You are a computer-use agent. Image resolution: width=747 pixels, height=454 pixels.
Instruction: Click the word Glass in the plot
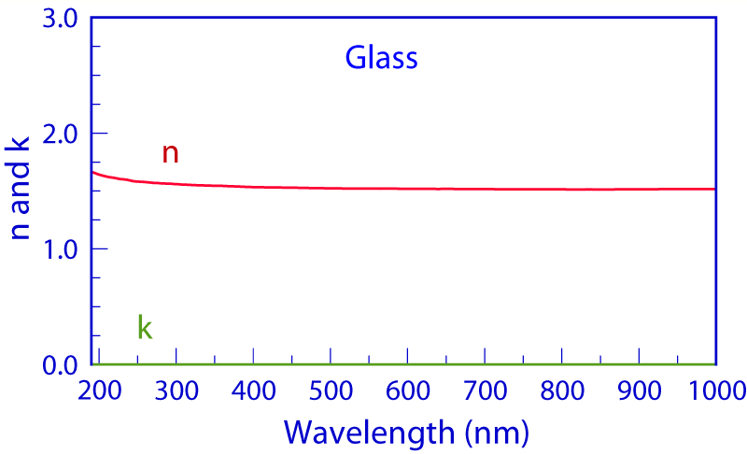(x=381, y=59)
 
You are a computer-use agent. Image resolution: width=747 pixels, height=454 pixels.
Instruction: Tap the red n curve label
(x=170, y=153)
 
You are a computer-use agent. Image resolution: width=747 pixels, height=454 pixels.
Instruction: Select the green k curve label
(x=145, y=327)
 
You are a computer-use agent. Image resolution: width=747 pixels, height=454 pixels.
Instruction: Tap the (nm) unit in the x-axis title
(x=498, y=432)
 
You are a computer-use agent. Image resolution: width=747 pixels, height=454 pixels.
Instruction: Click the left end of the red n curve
(x=92, y=172)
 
